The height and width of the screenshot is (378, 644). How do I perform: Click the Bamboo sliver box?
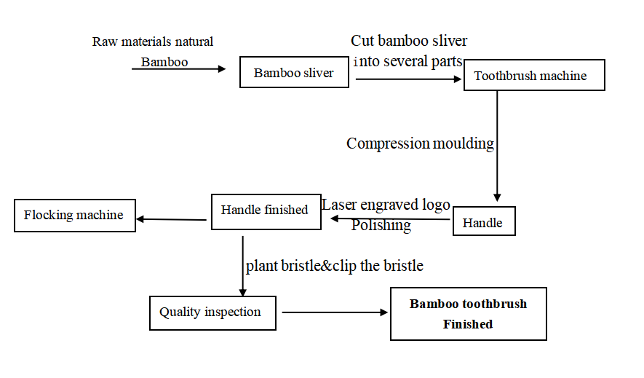click(294, 72)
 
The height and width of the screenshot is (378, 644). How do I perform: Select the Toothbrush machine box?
click(534, 75)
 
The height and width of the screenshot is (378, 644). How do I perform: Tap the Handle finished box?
click(266, 212)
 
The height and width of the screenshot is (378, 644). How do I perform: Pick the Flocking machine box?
click(75, 216)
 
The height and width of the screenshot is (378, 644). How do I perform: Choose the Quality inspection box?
click(212, 312)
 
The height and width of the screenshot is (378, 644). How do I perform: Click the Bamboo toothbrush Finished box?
click(468, 313)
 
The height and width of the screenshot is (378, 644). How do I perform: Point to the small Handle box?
click(484, 221)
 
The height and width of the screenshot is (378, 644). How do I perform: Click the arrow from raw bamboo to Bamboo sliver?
click(179, 68)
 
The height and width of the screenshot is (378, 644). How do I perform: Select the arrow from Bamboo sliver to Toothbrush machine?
click(409, 79)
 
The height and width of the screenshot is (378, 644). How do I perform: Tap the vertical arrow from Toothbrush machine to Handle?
click(497, 146)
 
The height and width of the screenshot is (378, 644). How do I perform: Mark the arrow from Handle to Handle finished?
click(390, 218)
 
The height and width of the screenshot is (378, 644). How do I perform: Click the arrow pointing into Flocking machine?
click(171, 219)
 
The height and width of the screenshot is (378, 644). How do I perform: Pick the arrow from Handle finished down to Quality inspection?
click(243, 266)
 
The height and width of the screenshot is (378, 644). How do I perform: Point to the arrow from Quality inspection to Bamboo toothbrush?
click(335, 312)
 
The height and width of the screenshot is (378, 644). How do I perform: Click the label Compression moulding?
click(420, 143)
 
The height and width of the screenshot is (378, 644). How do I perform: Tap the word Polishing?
click(381, 225)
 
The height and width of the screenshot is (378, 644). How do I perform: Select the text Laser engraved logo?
click(386, 205)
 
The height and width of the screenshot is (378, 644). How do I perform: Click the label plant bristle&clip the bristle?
click(334, 266)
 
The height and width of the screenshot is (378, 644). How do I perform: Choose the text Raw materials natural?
click(153, 42)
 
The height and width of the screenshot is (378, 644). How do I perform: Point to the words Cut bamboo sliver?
click(409, 41)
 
